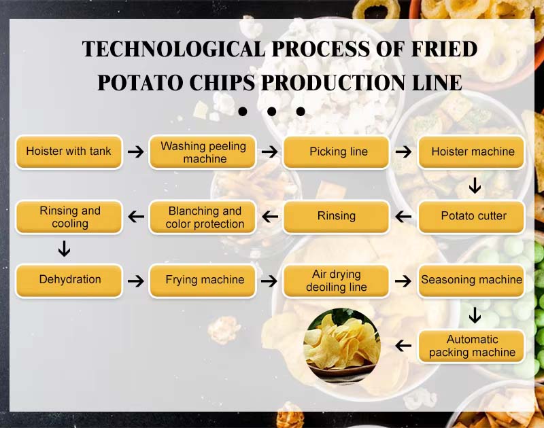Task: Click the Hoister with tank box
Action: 69,151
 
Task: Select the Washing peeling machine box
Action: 203,151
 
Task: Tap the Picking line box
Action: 336,151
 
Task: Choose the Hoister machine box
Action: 471,151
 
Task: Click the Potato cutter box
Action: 471,217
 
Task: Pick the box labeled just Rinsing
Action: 336,217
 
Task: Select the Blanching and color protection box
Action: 203,217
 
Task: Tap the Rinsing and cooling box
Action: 69,217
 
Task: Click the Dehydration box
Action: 69,281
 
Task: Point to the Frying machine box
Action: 203,281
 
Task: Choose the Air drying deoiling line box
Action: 336,281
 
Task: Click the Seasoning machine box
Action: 471,281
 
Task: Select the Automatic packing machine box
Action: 471,346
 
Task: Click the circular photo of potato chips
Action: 342,346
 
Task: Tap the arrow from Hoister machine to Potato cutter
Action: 475,185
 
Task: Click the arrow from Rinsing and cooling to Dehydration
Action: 64,249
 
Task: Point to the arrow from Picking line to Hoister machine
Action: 403,151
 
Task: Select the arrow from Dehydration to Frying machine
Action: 135,281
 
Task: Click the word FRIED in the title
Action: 444,48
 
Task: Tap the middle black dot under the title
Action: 271,111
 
